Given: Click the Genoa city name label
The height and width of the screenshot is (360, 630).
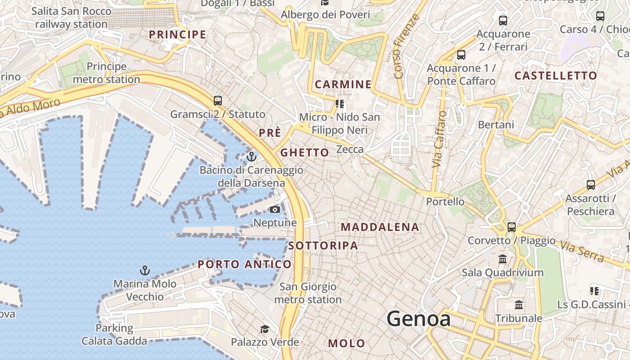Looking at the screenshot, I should point(418,319).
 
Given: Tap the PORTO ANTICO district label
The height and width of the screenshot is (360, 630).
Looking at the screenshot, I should point(244,264).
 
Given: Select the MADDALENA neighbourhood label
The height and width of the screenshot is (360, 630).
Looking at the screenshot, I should point(380,227).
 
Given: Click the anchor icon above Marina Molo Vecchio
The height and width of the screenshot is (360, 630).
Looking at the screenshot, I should point(145,270).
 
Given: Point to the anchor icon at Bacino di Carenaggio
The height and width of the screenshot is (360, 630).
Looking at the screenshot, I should point(252,157).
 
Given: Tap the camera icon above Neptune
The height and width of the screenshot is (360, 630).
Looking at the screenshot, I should point(274,209).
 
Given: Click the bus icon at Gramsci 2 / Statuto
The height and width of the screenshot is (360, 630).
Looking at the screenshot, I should point(218,101).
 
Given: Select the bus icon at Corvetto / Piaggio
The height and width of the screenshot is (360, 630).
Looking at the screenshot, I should point(511,227).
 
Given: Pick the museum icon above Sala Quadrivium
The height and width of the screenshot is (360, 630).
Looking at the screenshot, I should point(503,259).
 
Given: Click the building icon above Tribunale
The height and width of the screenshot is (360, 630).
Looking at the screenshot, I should point(519,305).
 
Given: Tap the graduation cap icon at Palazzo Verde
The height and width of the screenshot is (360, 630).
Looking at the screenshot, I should point(265,329).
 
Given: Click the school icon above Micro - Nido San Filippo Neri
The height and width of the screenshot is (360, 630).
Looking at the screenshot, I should point(340,104).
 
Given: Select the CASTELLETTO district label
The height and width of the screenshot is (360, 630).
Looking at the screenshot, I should point(555,76).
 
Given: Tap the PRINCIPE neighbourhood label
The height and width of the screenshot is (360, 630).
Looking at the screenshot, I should point(177,35).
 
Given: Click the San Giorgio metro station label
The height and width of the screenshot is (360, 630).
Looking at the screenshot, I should point(308,293).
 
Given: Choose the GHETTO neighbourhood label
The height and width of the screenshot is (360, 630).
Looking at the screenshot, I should point(305,153).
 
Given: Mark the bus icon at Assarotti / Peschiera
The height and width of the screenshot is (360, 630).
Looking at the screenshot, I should point(590,184).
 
